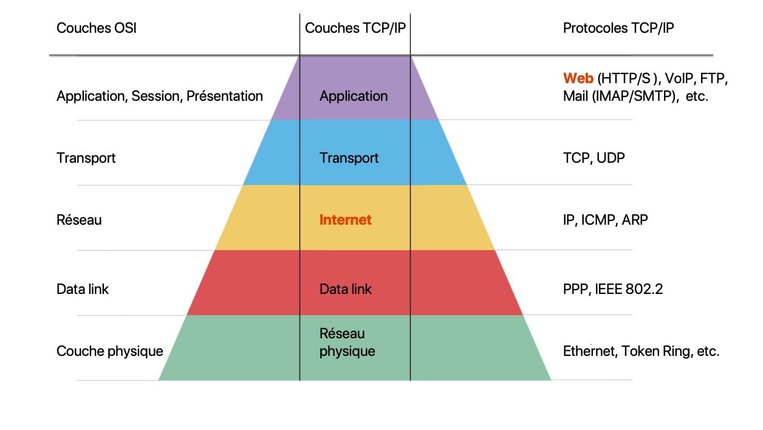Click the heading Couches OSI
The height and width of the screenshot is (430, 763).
click(x=97, y=28)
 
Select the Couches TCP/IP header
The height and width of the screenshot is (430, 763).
click(x=355, y=28)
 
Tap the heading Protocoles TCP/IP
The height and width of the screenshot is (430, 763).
click(x=618, y=28)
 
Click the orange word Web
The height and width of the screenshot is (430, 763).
click(x=578, y=78)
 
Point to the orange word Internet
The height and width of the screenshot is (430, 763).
click(x=346, y=220)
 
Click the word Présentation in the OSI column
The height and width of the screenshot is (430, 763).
click(x=225, y=96)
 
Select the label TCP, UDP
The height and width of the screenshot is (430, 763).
click(x=594, y=158)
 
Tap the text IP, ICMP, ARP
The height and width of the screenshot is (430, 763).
click(x=605, y=220)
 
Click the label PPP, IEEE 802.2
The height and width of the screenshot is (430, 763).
click(x=613, y=289)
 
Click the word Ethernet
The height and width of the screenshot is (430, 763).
click(x=590, y=352)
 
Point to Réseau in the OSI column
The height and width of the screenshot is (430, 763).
click(x=79, y=220)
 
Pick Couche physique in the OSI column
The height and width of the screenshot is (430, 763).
click(x=110, y=352)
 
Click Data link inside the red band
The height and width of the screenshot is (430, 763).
click(x=346, y=289)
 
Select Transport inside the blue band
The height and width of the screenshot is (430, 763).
click(x=349, y=158)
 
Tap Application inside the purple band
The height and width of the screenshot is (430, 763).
click(x=354, y=97)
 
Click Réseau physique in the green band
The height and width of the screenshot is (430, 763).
click(x=347, y=342)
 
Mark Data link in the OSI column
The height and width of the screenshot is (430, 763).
click(x=83, y=289)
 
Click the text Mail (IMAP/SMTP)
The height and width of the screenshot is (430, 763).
click(x=619, y=97)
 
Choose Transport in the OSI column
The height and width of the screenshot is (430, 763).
click(x=86, y=158)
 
